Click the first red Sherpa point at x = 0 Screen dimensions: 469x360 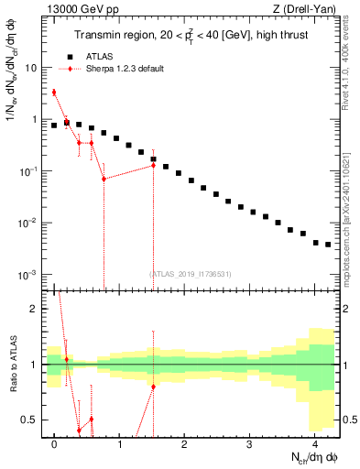[54, 92]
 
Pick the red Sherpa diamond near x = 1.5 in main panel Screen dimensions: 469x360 [153, 165]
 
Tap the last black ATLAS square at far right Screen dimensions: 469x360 [327, 245]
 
